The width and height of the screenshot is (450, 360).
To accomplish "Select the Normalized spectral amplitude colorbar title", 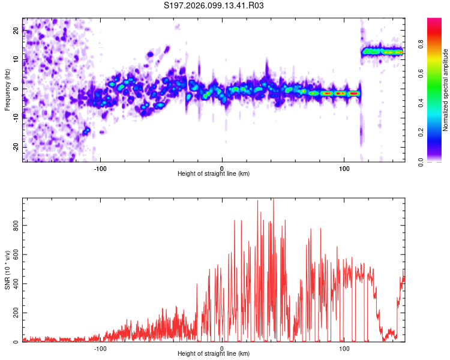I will pyautogui.click(x=446, y=90).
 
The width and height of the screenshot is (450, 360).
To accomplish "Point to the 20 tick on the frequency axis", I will pyautogui.click(x=16, y=31).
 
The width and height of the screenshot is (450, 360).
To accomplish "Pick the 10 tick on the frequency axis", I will pyautogui.click(x=16, y=60).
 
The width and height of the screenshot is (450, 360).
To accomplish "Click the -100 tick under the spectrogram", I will pyautogui.click(x=100, y=167).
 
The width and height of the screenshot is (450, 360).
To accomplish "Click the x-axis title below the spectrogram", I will pyautogui.click(x=214, y=174).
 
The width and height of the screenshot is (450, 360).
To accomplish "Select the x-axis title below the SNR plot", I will pyautogui.click(x=214, y=354).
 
